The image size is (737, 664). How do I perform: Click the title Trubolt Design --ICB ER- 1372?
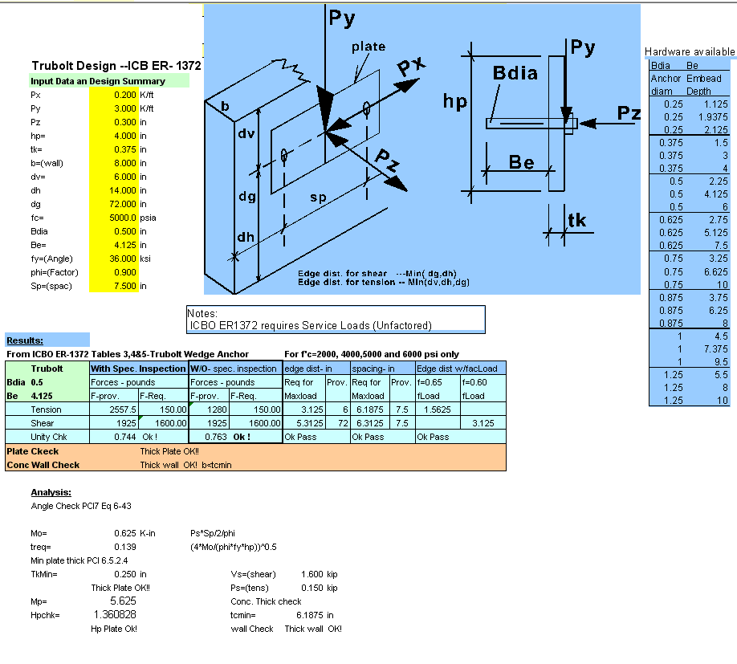116,66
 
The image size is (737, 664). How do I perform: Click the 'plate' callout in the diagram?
368,47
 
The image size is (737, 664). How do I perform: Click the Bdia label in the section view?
515,75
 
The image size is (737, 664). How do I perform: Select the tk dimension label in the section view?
577,220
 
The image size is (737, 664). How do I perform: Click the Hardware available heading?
690,52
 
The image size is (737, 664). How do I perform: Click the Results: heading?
26,340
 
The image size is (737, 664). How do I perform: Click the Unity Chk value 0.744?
124,437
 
